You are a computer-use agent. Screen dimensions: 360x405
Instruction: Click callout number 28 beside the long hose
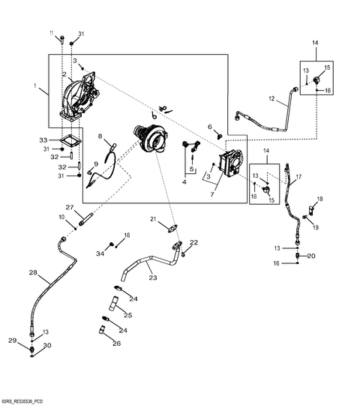[33, 272]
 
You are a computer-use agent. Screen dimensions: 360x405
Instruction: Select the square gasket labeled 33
[70, 142]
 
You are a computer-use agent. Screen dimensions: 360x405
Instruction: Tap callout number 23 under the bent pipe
[153, 277]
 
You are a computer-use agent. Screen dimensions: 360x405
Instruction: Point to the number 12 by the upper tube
[271, 98]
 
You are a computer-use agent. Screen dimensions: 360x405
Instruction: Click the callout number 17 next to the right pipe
[298, 177]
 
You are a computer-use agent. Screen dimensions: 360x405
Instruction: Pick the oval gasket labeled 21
[172, 229]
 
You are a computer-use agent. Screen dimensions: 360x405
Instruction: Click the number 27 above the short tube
[70, 207]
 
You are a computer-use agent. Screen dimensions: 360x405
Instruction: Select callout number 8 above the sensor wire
[100, 136]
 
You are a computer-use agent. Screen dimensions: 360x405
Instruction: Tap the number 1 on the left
[35, 85]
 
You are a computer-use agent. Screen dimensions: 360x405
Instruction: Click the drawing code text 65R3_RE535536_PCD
[18, 402]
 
